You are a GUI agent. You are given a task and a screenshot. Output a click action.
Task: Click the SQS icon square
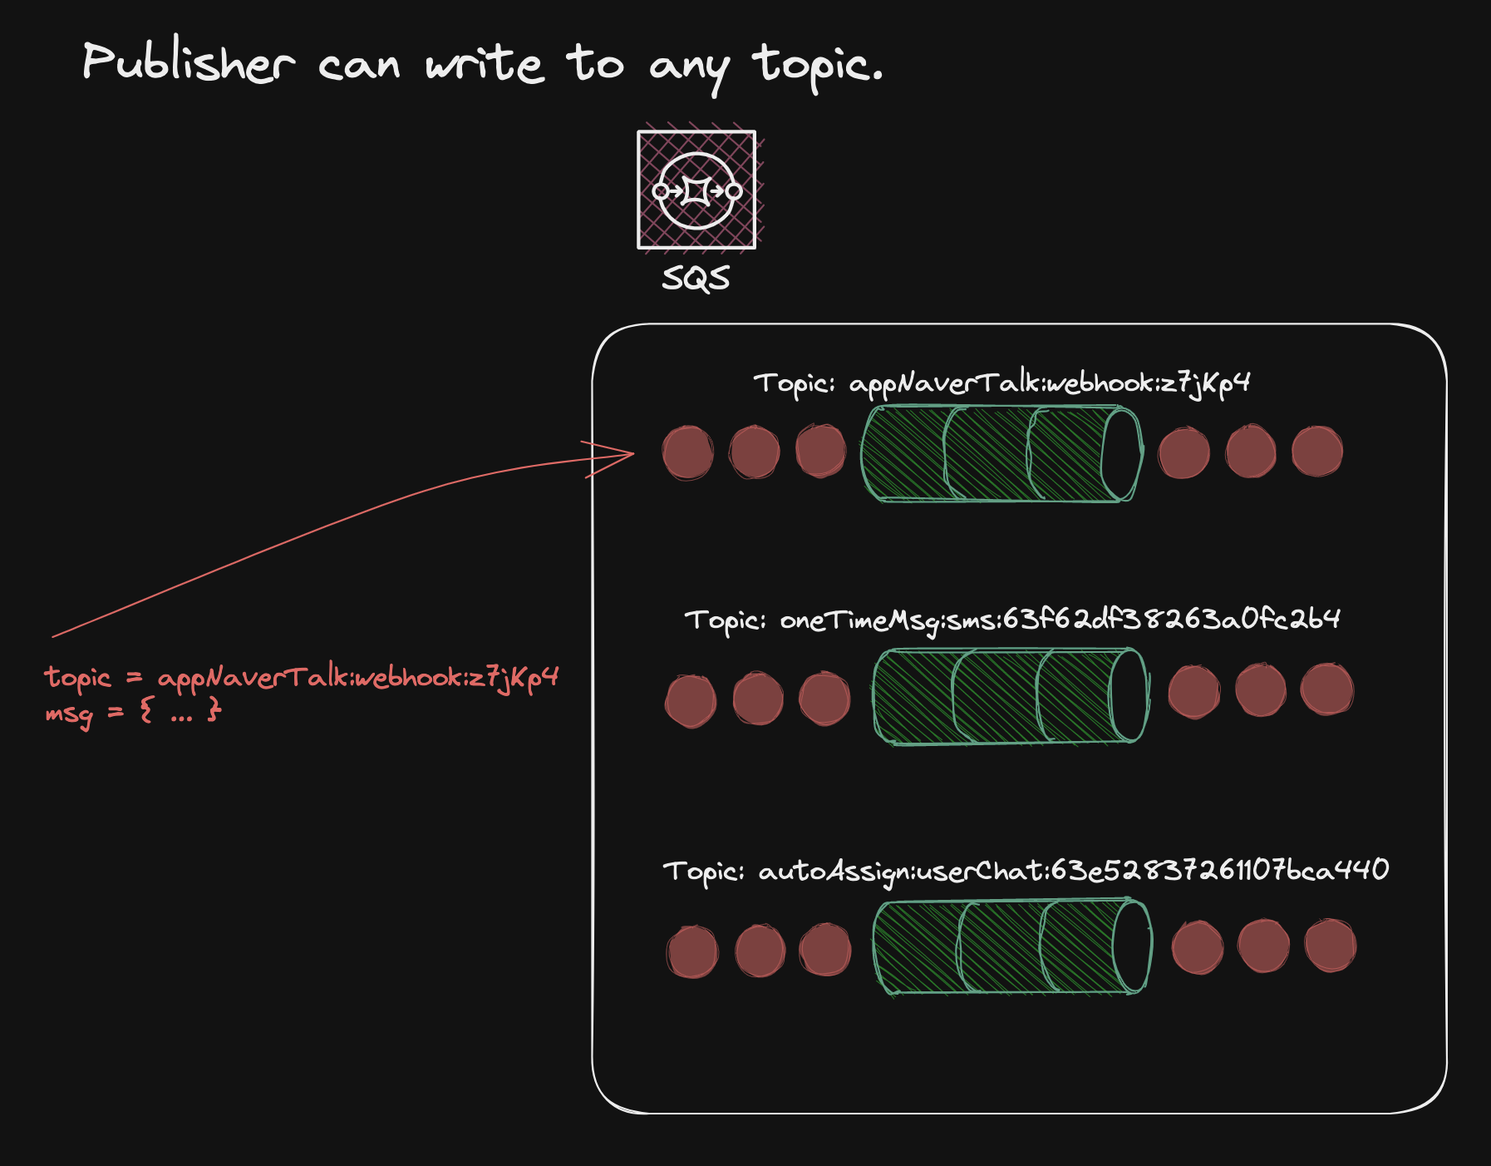pos(696,190)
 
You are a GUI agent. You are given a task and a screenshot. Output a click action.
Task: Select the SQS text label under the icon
pos(696,278)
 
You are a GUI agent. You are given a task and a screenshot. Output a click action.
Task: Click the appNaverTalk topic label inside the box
pos(1001,383)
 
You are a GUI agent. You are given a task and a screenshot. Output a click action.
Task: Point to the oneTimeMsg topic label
pos(1011,620)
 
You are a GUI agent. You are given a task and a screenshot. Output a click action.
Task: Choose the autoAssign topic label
pos(1025,871)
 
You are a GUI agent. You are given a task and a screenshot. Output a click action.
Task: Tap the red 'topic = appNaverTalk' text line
pos(301,678)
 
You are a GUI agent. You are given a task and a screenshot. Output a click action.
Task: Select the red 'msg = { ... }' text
pos(133,712)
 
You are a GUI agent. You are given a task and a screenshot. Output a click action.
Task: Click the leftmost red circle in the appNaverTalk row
pos(687,452)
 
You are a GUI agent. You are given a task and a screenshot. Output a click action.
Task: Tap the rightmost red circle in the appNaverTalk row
pos(1316,452)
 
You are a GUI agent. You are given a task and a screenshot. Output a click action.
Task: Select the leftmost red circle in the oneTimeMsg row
pos(691,700)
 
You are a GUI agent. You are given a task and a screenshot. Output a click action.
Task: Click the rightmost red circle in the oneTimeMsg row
pos(1326,689)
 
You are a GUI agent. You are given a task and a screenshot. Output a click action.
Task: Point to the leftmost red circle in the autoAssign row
pos(692,951)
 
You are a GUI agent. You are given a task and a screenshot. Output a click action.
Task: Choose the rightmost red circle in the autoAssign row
pos(1330,946)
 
